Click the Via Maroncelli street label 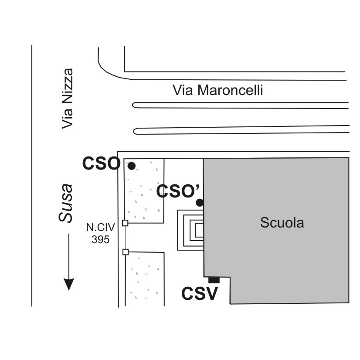point(218,91)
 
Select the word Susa point(66,203)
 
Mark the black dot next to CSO point(131,166)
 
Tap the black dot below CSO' point(200,202)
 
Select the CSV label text point(199,294)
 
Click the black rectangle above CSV point(214,280)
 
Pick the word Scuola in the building point(282,223)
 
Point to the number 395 point(100,239)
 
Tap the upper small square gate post point(125,223)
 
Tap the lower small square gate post point(126,251)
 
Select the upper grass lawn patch point(144,191)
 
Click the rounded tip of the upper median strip point(135,105)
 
